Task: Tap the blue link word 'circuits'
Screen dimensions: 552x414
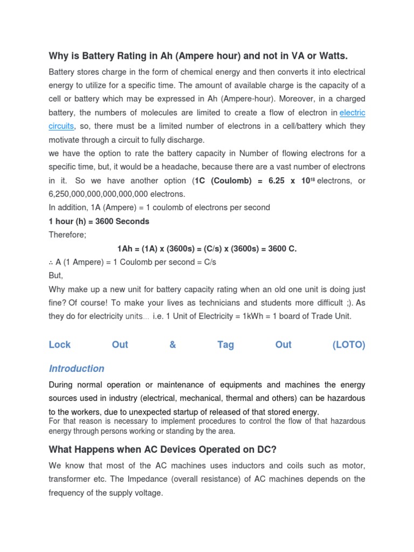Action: pyautogui.click(x=61, y=126)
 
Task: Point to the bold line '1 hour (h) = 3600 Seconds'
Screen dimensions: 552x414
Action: pyautogui.click(x=99, y=221)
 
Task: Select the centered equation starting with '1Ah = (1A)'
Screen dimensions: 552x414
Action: pyautogui.click(x=207, y=249)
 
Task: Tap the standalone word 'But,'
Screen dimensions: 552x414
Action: pyautogui.click(x=56, y=275)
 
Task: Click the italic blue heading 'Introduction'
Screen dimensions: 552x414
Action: pyautogui.click(x=77, y=369)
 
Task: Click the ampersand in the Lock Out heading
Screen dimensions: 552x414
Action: pyautogui.click(x=172, y=345)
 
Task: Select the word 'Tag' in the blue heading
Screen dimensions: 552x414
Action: pyautogui.click(x=226, y=345)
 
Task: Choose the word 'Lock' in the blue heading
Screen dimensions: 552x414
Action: pyautogui.click(x=60, y=345)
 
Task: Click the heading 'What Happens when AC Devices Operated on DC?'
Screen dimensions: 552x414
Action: pyautogui.click(x=171, y=449)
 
